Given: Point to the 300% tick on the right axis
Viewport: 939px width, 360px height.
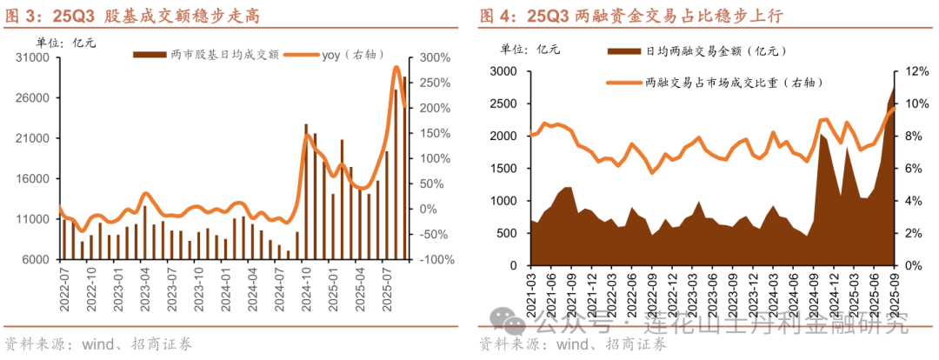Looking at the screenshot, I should point(434,57).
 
